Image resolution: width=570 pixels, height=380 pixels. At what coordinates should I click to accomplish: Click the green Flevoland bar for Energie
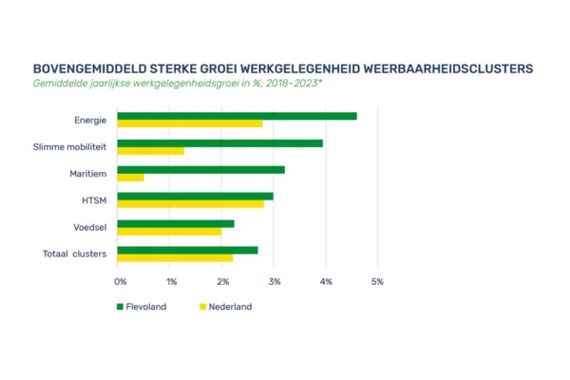(x=237, y=116)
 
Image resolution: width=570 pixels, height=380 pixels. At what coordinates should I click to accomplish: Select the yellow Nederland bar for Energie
(x=190, y=123)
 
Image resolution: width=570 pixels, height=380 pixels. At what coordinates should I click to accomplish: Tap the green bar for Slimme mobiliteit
(x=220, y=143)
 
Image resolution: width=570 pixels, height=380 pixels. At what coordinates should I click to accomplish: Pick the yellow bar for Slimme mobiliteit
(x=151, y=151)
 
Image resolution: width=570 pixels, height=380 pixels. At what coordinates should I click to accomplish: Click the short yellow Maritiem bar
(x=131, y=178)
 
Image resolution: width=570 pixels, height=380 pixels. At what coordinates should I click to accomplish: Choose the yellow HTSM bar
(x=191, y=204)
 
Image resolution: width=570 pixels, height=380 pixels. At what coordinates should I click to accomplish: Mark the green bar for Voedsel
(x=176, y=223)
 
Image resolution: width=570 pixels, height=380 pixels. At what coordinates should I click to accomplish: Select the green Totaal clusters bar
(x=188, y=250)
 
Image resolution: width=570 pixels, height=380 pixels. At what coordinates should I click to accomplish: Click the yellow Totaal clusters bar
(x=175, y=257)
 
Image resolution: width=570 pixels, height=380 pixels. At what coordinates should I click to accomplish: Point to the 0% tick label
(x=121, y=282)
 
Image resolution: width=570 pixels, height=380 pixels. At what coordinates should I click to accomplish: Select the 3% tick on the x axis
(x=275, y=282)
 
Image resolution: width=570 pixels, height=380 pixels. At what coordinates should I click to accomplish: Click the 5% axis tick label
(x=377, y=282)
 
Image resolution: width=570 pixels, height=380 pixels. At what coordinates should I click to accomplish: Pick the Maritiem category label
(x=87, y=174)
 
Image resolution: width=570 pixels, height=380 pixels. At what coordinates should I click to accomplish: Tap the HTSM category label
(x=94, y=200)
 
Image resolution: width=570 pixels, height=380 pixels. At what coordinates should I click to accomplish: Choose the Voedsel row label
(x=89, y=227)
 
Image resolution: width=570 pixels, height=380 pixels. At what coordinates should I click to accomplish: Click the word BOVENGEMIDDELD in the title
(x=89, y=69)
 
